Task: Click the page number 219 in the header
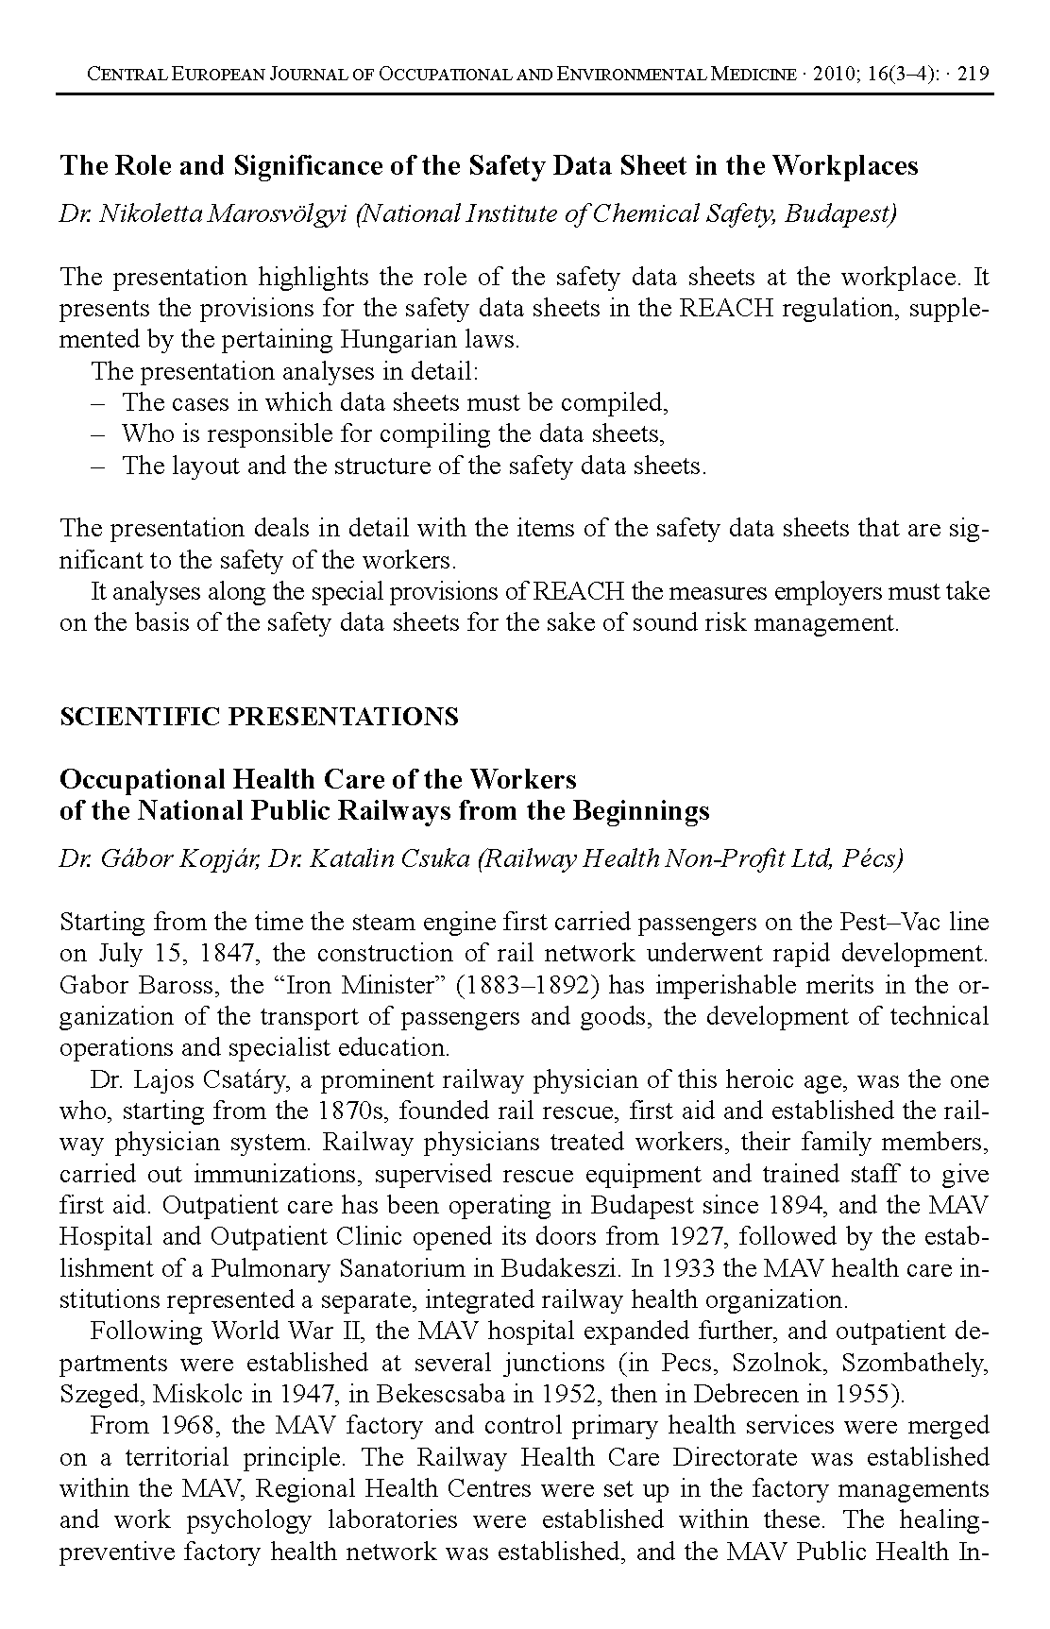click(973, 75)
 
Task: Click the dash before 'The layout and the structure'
click(97, 466)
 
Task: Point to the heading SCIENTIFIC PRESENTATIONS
click(259, 717)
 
